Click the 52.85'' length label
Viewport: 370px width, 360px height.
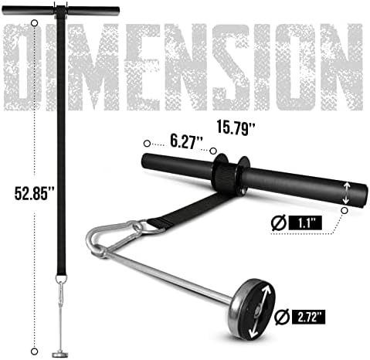pyautogui.click(x=35, y=193)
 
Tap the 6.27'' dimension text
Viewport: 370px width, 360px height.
pyautogui.click(x=186, y=141)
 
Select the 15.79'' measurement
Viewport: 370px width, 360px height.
pyautogui.click(x=236, y=127)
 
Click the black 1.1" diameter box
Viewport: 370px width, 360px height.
pyautogui.click(x=305, y=223)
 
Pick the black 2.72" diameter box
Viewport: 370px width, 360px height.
pyautogui.click(x=308, y=317)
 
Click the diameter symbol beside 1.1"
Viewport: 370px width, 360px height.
pyautogui.click(x=279, y=222)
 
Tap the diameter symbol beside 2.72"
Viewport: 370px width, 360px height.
pyautogui.click(x=282, y=317)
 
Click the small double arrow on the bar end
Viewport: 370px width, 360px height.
pyautogui.click(x=347, y=192)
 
